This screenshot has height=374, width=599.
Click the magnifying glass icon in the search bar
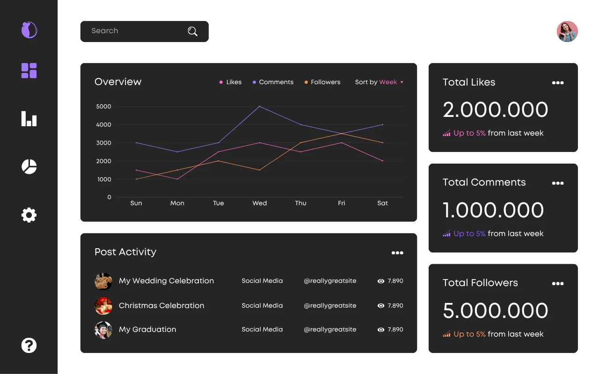(x=192, y=31)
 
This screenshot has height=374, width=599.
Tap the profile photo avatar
(x=567, y=31)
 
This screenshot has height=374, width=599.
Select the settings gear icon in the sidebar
(x=29, y=215)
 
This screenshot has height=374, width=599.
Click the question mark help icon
(x=29, y=345)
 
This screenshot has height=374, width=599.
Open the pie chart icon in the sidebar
(x=29, y=167)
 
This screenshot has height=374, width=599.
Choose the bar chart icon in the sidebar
(x=29, y=119)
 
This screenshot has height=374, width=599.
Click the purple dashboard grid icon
(x=29, y=71)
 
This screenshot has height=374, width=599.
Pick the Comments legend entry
(x=273, y=82)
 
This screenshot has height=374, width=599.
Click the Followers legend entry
(x=322, y=82)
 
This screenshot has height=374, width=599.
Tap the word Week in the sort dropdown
(x=388, y=82)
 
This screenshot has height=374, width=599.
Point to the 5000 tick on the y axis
(x=104, y=106)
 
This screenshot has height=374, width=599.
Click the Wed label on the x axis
(x=259, y=203)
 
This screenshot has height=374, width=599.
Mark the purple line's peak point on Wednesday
(x=259, y=106)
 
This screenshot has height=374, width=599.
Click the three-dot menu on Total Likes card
(x=558, y=83)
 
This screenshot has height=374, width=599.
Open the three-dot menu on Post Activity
(x=397, y=253)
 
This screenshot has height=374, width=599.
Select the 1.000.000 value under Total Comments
(x=493, y=210)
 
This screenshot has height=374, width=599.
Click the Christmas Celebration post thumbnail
(x=103, y=306)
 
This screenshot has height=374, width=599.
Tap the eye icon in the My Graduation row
(x=381, y=330)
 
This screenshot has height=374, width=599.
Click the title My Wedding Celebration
(x=166, y=281)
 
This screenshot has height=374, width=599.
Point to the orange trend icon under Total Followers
(x=446, y=334)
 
